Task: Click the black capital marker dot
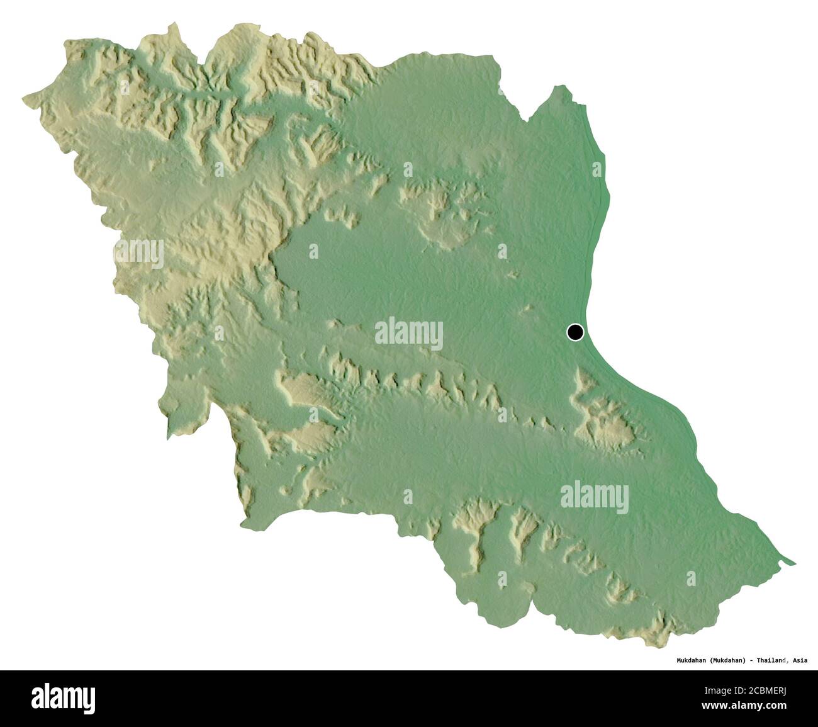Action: pyautogui.click(x=574, y=332)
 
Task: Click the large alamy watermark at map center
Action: pyautogui.click(x=408, y=334)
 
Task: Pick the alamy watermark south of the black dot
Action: pyautogui.click(x=594, y=497)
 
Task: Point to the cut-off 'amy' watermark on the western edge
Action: pyautogui.click(x=138, y=253)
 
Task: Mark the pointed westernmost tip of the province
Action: pyautogui.click(x=25, y=98)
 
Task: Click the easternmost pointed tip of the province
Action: pyautogui.click(x=794, y=562)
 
